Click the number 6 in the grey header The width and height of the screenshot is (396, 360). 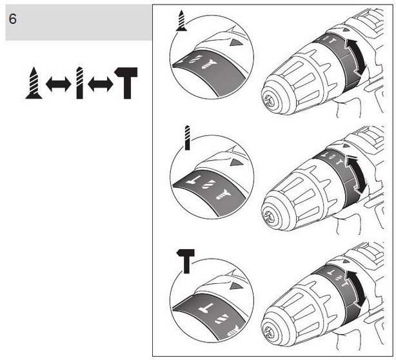[12, 19]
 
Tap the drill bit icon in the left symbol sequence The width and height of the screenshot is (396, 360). [79, 84]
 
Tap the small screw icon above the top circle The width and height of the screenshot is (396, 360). [182, 21]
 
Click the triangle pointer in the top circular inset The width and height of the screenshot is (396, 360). [237, 43]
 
